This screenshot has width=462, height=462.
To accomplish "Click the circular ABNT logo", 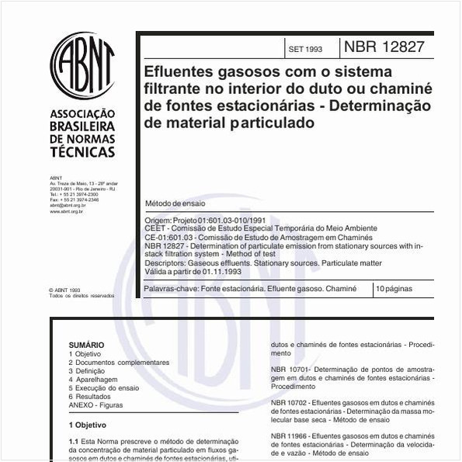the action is point(82,65).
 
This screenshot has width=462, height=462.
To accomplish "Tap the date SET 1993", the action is point(304,49).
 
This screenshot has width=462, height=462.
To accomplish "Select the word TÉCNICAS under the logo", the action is point(82,152).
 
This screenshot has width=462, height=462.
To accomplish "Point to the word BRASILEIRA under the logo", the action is point(82,127).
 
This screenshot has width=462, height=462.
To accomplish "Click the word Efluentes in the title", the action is point(180,71).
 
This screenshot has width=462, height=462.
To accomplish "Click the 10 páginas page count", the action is point(394,288).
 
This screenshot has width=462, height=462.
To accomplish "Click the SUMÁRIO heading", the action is point(85,345).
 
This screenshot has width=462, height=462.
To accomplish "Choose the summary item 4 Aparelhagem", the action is point(93,379).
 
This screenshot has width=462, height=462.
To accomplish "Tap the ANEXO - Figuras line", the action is point(96,405).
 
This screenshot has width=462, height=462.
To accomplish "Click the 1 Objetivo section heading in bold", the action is point(88,426).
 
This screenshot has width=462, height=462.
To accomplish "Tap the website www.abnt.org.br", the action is point(66,210).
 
